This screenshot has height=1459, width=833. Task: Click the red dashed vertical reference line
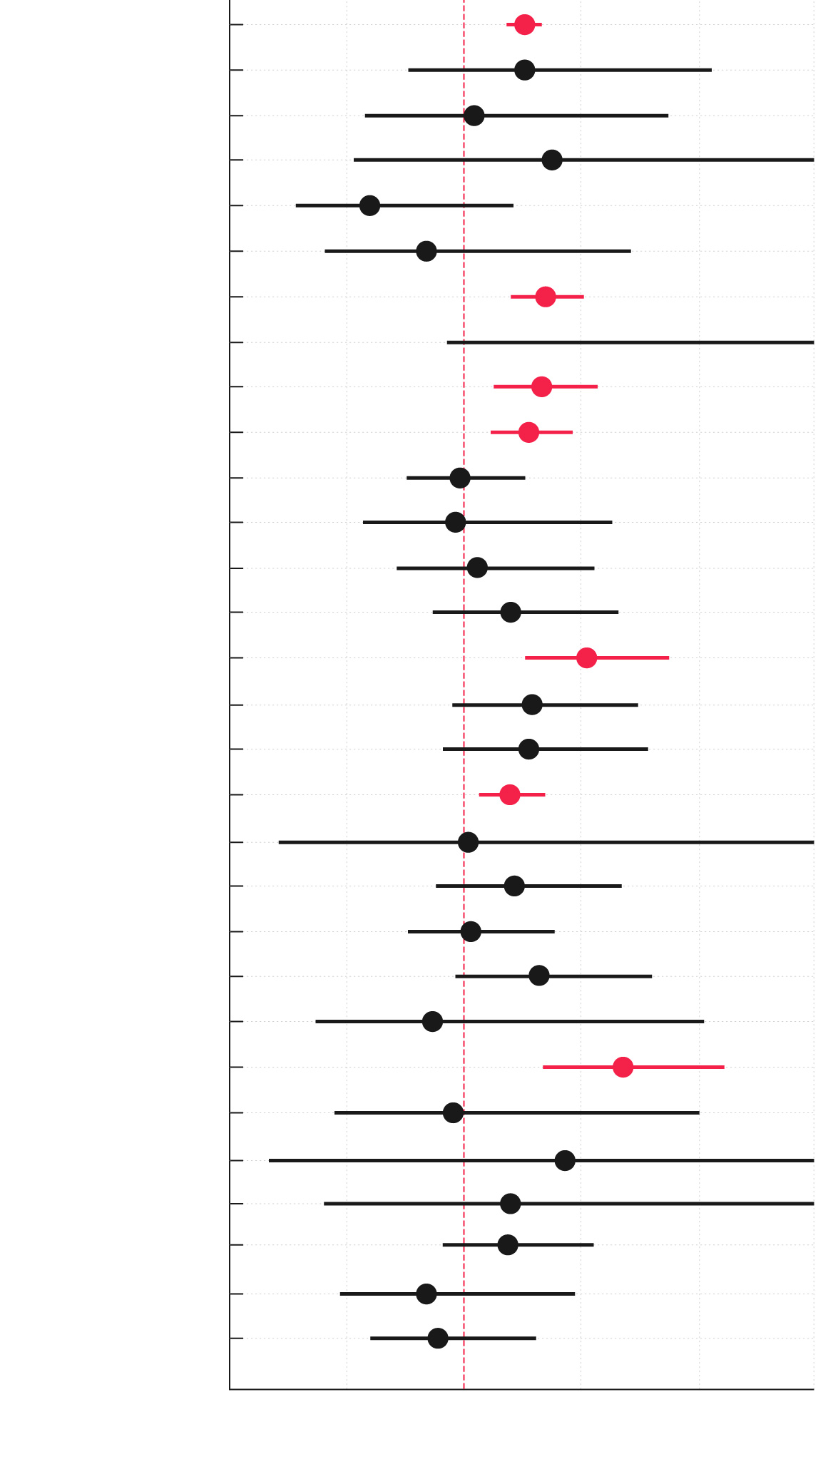coord(464,713)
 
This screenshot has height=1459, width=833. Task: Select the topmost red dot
coord(524,24)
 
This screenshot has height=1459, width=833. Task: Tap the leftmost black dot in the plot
coord(369,206)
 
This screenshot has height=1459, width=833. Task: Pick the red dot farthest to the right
coord(623,1067)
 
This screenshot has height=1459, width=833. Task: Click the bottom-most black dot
coord(438,1338)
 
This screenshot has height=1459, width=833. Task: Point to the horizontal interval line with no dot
coord(628,343)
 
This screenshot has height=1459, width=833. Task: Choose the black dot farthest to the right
coord(565,1160)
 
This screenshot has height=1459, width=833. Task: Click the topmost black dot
coord(524,70)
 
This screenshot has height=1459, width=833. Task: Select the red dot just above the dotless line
coord(546,297)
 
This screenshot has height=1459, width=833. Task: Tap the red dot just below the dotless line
coord(542,386)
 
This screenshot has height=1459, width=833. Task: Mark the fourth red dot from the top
coord(528,432)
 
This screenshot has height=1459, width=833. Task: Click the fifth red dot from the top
coord(586,657)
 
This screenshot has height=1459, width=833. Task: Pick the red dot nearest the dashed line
coord(509,794)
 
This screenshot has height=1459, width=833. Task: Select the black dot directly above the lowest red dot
coord(432,1022)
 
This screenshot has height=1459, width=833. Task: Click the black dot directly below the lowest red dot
coord(453,1112)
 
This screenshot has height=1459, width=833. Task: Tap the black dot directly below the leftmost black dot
coord(426,251)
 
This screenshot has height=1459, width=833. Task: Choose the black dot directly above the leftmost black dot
coord(552,160)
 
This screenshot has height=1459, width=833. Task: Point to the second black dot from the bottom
coord(426,1294)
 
